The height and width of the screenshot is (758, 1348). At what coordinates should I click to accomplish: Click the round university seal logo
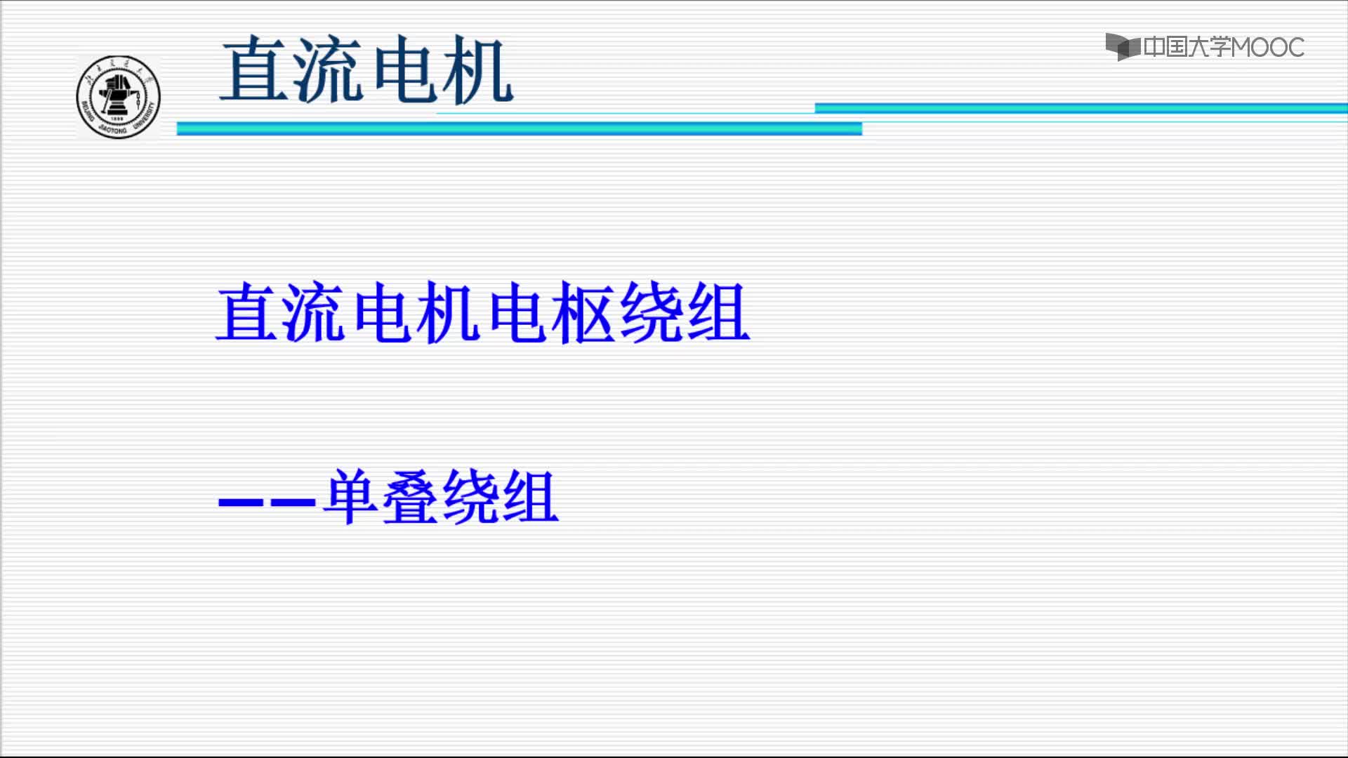[x=118, y=97]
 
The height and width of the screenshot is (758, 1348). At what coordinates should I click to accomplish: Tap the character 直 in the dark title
[x=255, y=69]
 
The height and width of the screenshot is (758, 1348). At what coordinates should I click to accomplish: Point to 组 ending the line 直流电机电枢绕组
[x=718, y=312]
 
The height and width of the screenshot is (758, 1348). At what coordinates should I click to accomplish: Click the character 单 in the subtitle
[x=351, y=496]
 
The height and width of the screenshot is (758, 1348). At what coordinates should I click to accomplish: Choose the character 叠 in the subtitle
[x=411, y=496]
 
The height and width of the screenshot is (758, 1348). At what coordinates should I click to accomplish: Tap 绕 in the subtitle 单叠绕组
[x=471, y=496]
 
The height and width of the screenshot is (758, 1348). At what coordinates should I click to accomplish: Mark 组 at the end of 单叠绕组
[x=531, y=496]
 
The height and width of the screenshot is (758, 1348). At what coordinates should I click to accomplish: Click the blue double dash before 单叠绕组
[x=267, y=503]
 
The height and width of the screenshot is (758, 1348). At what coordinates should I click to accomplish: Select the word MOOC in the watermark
[x=1267, y=48]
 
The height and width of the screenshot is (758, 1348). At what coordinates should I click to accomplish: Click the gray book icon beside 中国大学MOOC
[x=1123, y=47]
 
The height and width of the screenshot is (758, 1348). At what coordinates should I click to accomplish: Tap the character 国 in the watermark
[x=1176, y=47]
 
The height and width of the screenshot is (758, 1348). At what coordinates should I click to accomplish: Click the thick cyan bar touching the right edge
[x=1081, y=108]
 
